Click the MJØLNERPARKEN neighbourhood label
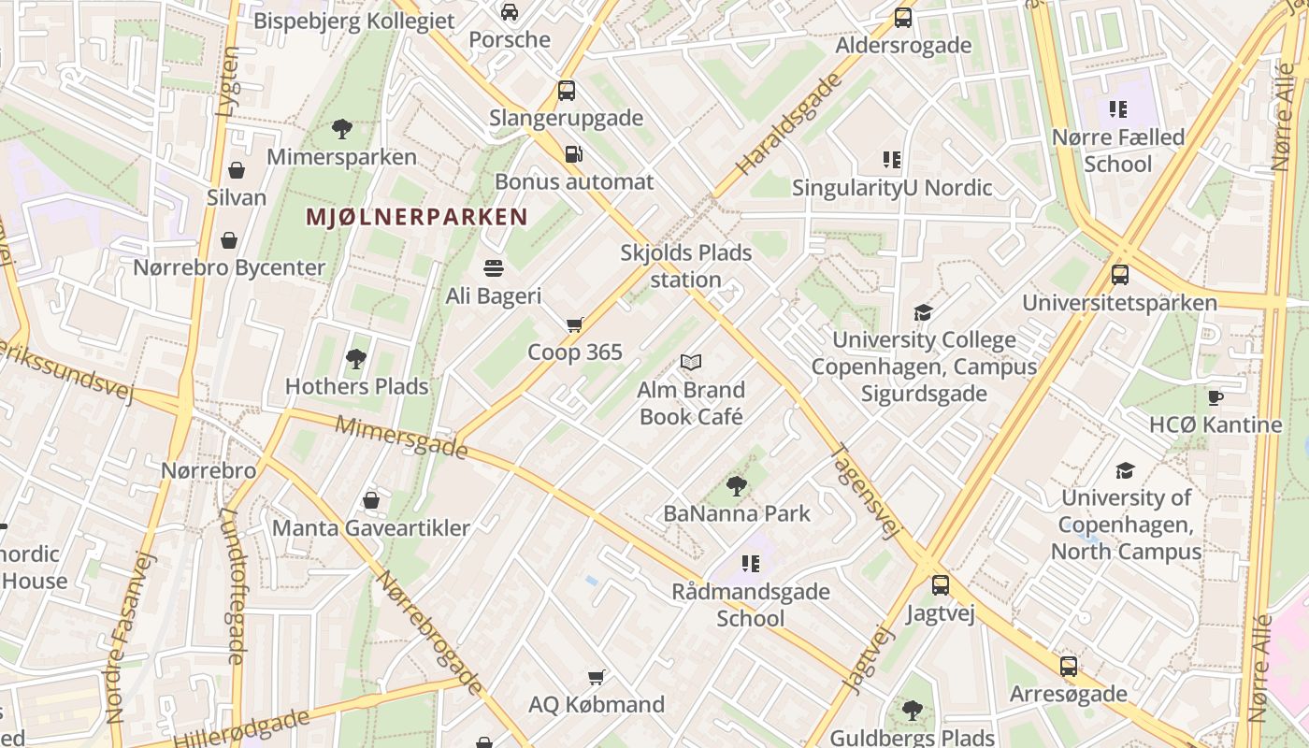417,218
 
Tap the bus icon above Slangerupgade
567,91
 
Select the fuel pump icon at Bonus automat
573,154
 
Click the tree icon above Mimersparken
341,129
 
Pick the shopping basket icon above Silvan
237,170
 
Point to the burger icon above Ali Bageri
494,268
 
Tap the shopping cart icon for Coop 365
574,324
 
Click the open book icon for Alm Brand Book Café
691,362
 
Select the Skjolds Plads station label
686,266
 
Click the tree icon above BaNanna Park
737,485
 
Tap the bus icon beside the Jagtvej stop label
941,585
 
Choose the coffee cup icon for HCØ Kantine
1215,397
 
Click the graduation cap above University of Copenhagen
1126,469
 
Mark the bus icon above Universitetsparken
1119,275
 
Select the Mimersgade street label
401,438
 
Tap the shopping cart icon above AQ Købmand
596,676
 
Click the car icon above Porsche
510,12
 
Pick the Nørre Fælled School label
1118,151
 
